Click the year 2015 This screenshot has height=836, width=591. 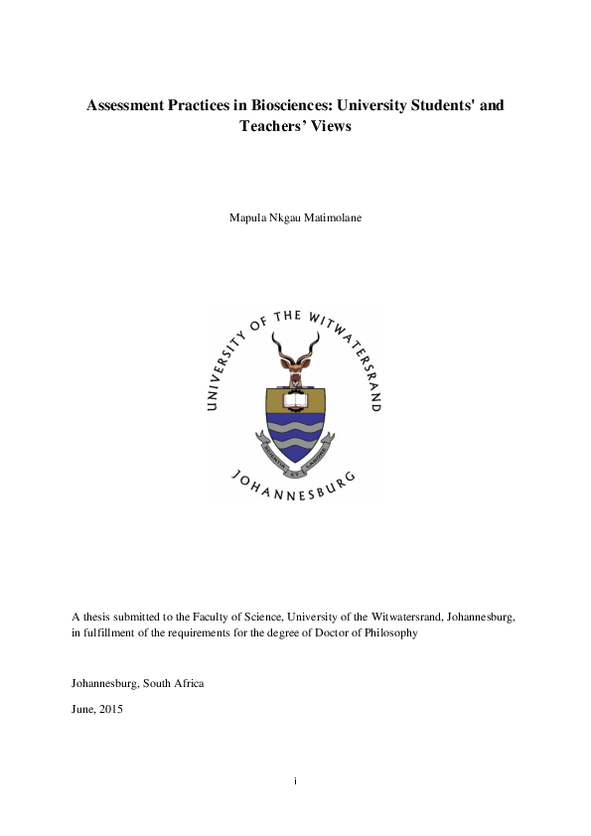110,710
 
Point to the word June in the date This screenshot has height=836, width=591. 83,710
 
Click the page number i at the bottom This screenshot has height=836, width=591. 295,780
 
